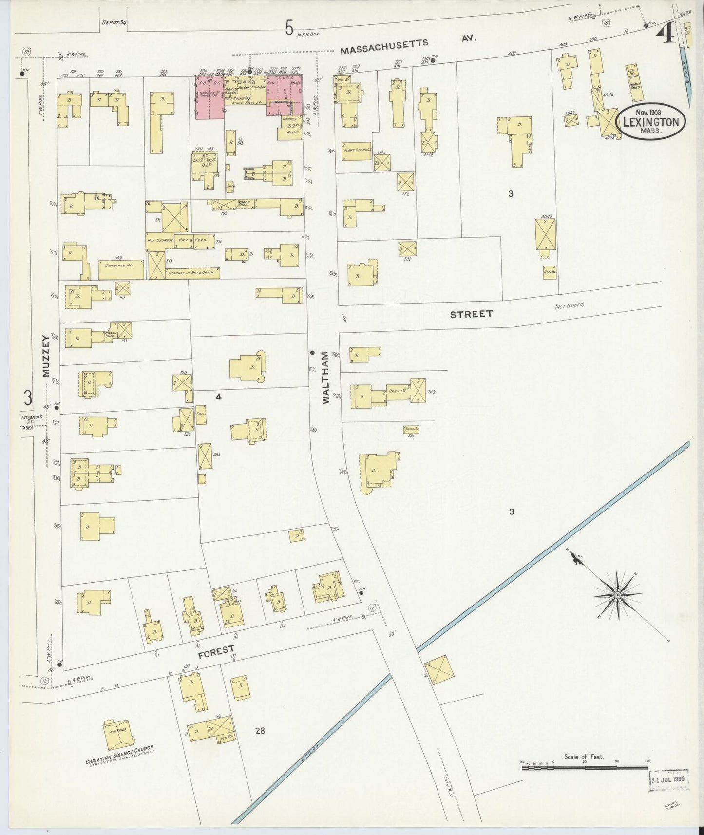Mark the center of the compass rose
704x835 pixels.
pos(617,596)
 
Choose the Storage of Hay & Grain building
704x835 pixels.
pos(192,273)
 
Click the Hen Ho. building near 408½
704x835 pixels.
pos(550,272)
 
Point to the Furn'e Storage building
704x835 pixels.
pos(357,149)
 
